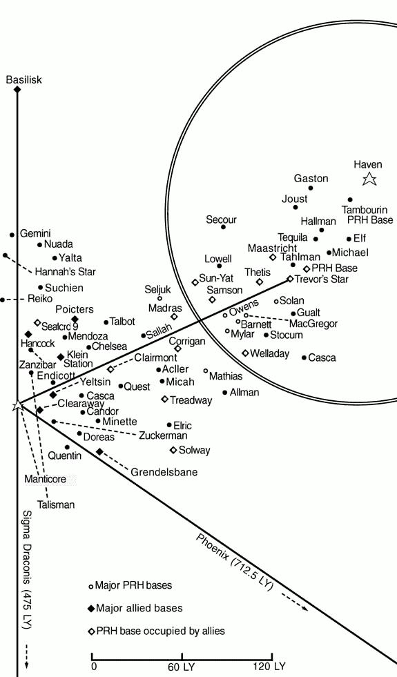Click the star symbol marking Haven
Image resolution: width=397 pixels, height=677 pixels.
pyautogui.click(x=369, y=178)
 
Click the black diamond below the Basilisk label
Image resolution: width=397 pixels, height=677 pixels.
pyautogui.click(x=17, y=90)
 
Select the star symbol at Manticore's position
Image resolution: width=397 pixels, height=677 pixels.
pyautogui.click(x=18, y=405)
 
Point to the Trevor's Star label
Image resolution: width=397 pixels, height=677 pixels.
pyautogui.click(x=322, y=279)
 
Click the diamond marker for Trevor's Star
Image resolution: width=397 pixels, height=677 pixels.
pyautogui.click(x=290, y=279)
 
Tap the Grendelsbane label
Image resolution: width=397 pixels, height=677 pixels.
pyautogui.click(x=164, y=472)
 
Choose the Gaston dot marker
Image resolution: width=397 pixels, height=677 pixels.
pyautogui.click(x=311, y=188)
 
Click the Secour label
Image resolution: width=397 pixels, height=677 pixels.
pyautogui.click(x=221, y=219)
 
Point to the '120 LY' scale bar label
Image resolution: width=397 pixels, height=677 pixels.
pyautogui.click(x=269, y=667)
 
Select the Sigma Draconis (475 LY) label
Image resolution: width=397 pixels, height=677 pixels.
pyautogui.click(x=27, y=573)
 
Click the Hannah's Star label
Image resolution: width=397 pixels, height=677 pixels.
pyautogui.click(x=65, y=272)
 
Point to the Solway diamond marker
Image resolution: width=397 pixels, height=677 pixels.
pyautogui.click(x=173, y=450)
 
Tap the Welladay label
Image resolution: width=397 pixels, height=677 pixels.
pyautogui.click(x=269, y=353)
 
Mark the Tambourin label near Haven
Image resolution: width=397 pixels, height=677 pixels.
pyautogui.click(x=365, y=210)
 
